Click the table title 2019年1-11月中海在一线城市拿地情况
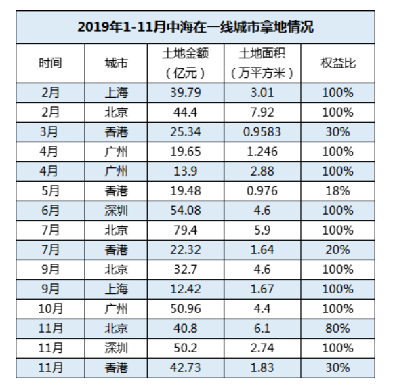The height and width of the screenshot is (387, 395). point(196,27)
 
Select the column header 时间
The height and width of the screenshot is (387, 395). point(50,63)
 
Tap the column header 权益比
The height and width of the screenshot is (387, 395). point(338,63)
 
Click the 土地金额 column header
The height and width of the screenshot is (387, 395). point(186,63)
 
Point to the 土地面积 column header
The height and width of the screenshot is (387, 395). point(262,63)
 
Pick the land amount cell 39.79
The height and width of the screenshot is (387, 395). point(186,92)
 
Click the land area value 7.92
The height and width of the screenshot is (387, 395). point(262,112)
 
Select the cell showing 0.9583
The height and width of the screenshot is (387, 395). point(262,131)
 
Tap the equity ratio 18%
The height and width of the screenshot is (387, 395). point(338,190)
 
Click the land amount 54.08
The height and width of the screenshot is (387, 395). point(186,210)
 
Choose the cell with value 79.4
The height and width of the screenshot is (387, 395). point(186,230)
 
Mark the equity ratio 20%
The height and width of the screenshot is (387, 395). point(338,249)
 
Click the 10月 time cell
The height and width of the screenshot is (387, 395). point(50,308)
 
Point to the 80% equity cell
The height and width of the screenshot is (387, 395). point(338,328)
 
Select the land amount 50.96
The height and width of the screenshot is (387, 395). point(186,308)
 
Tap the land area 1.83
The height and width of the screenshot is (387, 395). point(262,367)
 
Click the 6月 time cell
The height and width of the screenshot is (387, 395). point(50,210)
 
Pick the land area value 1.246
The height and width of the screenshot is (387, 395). point(262,151)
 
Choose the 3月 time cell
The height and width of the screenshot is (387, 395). point(50,131)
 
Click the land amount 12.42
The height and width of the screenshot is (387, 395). point(186,289)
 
